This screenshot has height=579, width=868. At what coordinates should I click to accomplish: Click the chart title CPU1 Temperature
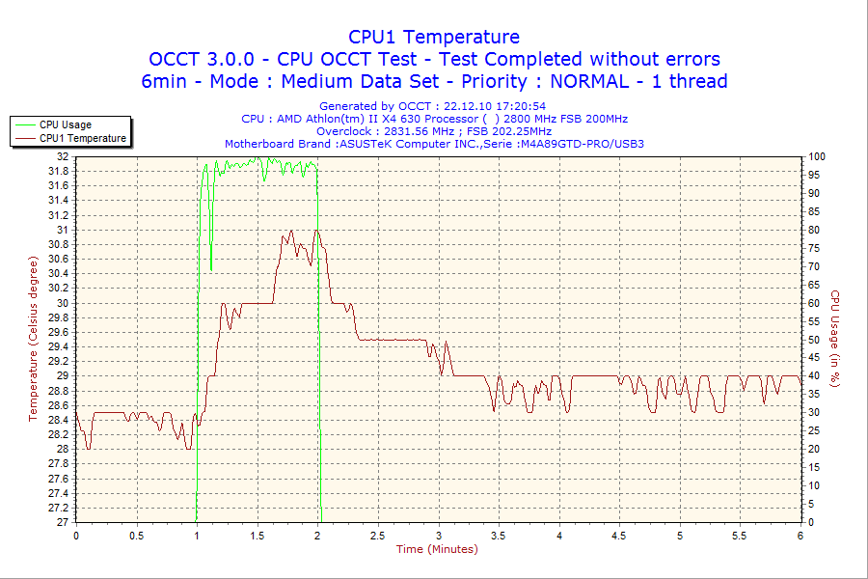[434, 37]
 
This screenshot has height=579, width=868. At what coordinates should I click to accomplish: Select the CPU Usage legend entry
[66, 124]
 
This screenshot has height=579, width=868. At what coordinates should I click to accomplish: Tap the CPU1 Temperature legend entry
[83, 138]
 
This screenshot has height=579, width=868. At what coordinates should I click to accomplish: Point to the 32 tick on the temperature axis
[63, 156]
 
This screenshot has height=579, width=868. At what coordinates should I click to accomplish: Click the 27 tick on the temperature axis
[63, 522]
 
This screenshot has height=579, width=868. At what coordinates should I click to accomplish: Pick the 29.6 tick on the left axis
[57, 332]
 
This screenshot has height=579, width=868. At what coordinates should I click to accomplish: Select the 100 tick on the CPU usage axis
[816, 156]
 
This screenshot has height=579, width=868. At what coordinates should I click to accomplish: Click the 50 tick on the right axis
[813, 340]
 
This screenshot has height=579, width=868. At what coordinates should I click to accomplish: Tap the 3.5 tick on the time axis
[499, 535]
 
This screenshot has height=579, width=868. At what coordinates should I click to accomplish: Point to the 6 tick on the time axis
[800, 535]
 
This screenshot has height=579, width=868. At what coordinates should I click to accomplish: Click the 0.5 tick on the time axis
[136, 535]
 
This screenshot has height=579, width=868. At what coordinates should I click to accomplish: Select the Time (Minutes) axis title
[437, 549]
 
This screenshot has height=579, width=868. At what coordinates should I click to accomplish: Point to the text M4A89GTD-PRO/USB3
[582, 144]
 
